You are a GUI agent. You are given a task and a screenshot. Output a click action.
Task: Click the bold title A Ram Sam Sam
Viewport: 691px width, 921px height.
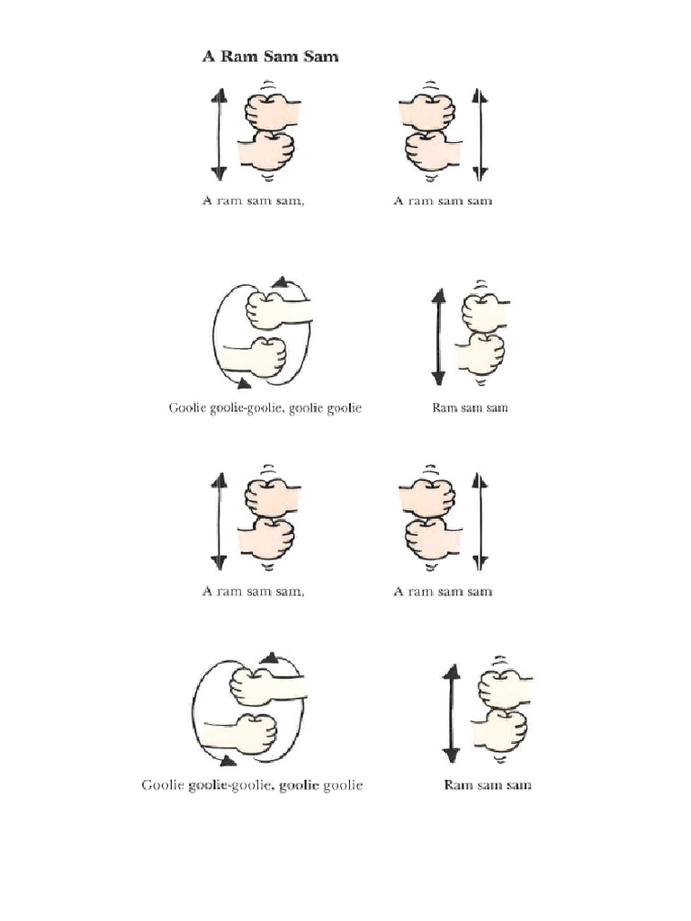click(269, 57)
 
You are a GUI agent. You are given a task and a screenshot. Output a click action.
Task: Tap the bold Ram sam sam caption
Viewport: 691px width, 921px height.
click(488, 785)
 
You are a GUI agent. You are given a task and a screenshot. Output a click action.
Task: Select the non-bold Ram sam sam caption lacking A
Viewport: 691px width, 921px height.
click(470, 407)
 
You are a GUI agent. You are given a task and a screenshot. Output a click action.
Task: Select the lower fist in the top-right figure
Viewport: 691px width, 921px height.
click(430, 150)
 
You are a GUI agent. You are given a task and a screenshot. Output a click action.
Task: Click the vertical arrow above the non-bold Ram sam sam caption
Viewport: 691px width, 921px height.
click(438, 336)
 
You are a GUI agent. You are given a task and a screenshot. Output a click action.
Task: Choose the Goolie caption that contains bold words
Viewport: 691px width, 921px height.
click(252, 785)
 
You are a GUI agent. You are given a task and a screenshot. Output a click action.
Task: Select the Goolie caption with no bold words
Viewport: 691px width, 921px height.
click(265, 407)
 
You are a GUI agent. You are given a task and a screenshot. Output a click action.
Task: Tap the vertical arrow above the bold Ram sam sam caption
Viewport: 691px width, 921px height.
click(452, 712)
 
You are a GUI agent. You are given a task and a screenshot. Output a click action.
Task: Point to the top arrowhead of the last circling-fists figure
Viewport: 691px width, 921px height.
click(268, 658)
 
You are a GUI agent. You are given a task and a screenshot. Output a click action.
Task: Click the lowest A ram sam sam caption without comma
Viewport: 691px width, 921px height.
click(443, 591)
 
